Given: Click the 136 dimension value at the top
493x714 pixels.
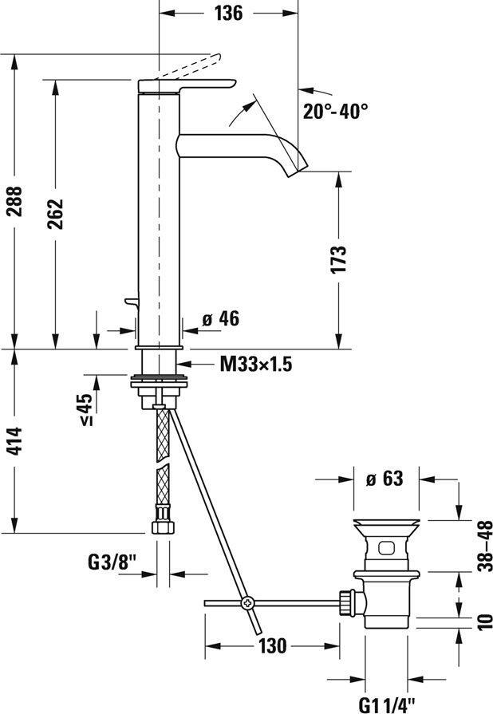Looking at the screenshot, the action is coord(229,13).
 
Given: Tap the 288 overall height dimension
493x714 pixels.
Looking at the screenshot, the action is coord(17,201).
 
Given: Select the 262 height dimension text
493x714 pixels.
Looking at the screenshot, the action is coord(56,214).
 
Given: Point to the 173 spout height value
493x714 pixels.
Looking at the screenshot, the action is coord(338,259).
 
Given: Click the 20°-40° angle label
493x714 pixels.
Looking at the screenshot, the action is coord(336,111).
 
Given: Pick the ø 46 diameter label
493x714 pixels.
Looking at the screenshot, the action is coord(221,319).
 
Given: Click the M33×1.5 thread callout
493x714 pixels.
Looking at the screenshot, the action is coord(256,364).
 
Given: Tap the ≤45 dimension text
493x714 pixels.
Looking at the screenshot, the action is coord(86,409).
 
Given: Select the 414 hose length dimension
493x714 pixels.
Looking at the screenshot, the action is coord(17,441).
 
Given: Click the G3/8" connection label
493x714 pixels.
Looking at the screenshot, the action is coord(112,562).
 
